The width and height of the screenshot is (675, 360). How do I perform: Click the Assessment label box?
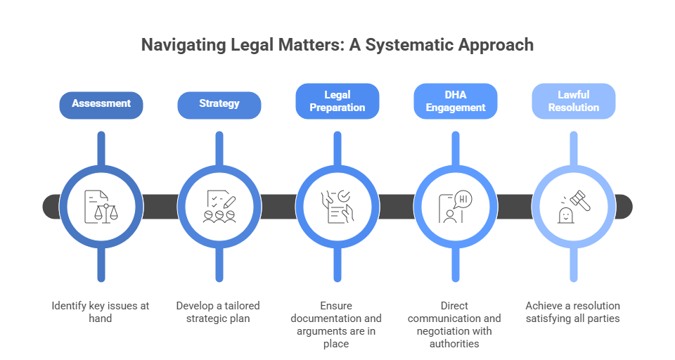pos(101,103)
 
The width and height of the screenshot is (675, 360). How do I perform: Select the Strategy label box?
pos(219,103)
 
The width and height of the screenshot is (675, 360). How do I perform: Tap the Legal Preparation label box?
pos(337,101)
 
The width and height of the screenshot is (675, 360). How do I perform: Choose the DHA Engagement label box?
pos(455,101)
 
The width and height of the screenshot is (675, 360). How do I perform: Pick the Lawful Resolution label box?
pos(573,101)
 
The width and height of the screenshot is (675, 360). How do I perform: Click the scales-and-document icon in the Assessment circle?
pos(101,207)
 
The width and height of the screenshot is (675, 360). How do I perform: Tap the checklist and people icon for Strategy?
pos(219,207)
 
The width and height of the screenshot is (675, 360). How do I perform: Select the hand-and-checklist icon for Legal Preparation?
pos(337,207)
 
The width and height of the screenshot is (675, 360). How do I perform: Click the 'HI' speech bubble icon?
pos(463,199)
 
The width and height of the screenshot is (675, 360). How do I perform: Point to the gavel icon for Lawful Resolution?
pos(573,207)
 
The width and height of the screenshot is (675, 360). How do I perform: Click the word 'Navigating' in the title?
pos(184,45)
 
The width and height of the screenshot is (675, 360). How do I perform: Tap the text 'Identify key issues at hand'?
pos(101,312)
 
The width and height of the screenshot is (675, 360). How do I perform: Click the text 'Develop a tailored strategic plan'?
pos(219,312)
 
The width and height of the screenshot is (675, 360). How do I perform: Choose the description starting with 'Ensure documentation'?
pos(337,325)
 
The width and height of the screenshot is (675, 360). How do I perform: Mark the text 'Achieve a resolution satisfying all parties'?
pos(573,312)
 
